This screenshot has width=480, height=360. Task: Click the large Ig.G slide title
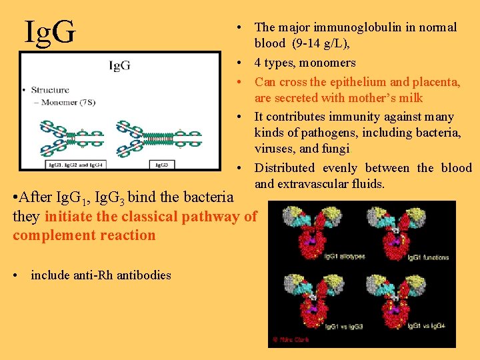[x=50, y=31]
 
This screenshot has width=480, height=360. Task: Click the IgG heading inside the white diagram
[x=120, y=65]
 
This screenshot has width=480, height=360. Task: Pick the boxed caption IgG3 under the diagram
[x=161, y=163]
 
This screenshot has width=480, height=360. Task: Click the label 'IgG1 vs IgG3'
[x=342, y=325]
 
